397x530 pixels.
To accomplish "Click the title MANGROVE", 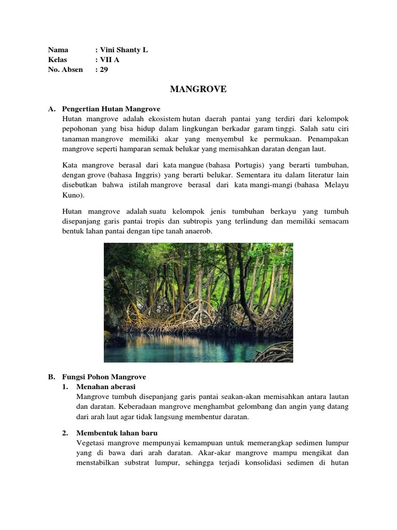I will coord(198,90).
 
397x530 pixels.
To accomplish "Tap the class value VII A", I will coord(110,60).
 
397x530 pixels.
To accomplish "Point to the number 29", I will coord(104,70).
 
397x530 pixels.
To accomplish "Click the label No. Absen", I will coord(65,70).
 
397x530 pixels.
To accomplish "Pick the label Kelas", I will coord(57,60).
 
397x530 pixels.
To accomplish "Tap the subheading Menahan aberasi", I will coord(106,387).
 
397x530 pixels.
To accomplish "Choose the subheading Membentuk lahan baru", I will coord(117,433).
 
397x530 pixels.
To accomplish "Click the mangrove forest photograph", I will coord(198,302).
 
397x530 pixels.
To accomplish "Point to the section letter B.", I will coord(51,377).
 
